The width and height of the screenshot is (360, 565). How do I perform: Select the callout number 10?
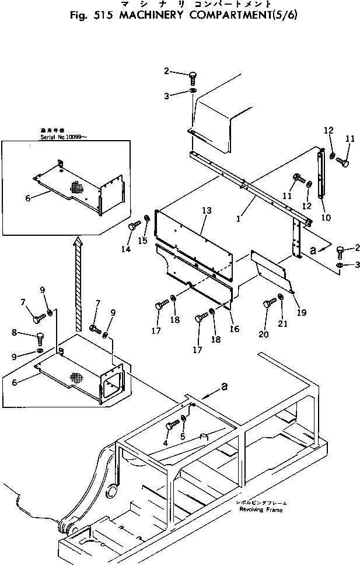[326, 218]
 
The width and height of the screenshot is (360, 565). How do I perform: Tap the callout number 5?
[183, 435]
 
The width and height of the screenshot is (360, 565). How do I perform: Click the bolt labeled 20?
[268, 304]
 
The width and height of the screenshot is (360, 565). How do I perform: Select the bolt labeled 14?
[132, 226]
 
